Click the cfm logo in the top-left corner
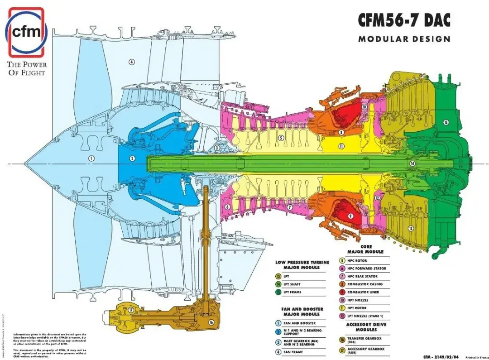26,32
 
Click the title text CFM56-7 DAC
404,20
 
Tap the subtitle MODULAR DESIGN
404,39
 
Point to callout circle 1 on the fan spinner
91,158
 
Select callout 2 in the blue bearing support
132,158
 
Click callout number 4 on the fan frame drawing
132,62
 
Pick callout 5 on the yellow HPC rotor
281,138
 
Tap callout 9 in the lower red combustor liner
350,216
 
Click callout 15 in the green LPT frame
446,122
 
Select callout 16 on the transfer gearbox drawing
211,322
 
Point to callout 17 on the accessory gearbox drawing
130,310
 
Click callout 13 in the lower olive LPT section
411,228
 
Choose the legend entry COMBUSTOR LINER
363,292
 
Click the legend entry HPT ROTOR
358,308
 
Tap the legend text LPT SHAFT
292,284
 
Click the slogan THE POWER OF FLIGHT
26,68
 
